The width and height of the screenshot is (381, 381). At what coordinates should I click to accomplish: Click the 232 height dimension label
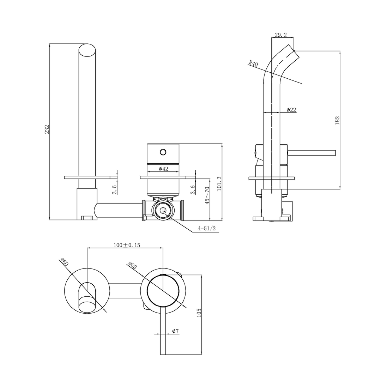(x=47, y=129)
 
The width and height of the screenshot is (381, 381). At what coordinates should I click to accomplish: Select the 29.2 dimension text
(x=280, y=35)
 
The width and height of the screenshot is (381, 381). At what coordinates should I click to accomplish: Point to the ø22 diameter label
(x=291, y=110)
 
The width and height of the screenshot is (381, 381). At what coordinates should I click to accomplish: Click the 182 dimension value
(x=337, y=120)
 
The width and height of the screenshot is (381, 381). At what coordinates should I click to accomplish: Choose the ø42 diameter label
(x=163, y=169)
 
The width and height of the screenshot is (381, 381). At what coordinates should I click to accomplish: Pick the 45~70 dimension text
(x=207, y=195)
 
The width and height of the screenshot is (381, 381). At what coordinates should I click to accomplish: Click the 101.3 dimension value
(x=219, y=184)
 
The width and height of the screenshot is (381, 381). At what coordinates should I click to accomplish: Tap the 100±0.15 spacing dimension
(x=127, y=245)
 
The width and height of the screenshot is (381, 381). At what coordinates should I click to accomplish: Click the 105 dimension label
(x=199, y=313)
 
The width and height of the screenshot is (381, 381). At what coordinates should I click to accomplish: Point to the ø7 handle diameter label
(x=175, y=331)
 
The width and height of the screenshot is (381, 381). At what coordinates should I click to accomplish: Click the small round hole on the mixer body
(x=163, y=152)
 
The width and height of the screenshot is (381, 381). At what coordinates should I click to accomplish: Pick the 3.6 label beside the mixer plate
(x=193, y=190)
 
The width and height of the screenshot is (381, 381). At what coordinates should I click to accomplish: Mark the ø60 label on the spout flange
(x=64, y=262)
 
